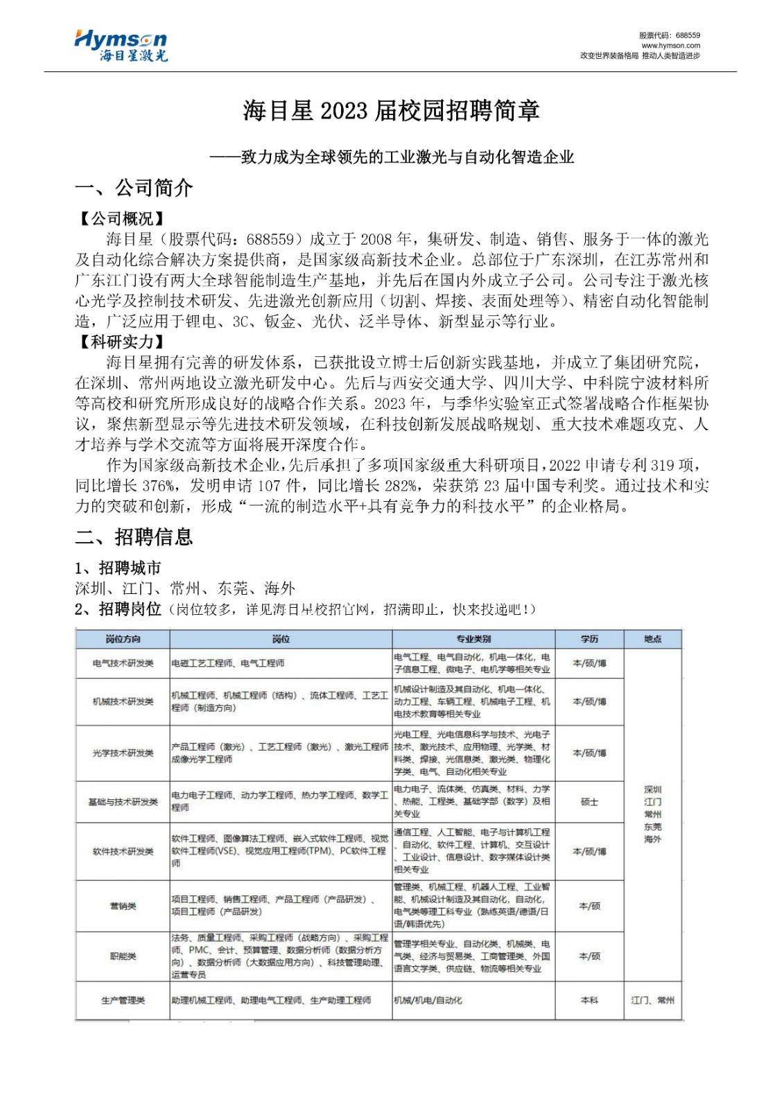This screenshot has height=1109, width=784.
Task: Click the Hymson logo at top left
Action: (x=121, y=46)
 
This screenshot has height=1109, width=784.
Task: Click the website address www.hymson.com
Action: (x=670, y=46)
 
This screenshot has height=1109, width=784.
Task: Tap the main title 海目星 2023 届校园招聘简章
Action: (x=392, y=111)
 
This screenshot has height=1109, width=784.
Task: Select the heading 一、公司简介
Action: (x=134, y=188)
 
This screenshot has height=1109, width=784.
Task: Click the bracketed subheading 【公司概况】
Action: (x=121, y=219)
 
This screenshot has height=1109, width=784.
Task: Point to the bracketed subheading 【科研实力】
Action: (x=121, y=342)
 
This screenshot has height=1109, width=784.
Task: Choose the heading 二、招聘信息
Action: (x=134, y=537)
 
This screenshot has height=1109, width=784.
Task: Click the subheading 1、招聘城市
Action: (x=118, y=568)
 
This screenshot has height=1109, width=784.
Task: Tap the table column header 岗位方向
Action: (x=123, y=639)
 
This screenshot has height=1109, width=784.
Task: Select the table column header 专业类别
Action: (x=473, y=639)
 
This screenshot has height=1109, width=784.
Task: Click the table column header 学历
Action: (x=589, y=639)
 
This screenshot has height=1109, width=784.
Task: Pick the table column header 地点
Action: (x=652, y=639)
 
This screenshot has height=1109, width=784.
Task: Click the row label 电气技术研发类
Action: (x=123, y=663)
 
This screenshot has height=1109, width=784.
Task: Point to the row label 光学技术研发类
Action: (x=123, y=753)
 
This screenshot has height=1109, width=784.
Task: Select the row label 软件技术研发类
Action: (x=123, y=852)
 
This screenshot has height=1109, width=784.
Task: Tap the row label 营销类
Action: (x=123, y=906)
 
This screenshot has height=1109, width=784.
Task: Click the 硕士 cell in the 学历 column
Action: (x=589, y=802)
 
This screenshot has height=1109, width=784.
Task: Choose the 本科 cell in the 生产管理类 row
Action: (x=589, y=1000)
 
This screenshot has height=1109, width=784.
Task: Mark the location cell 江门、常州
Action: (x=652, y=1000)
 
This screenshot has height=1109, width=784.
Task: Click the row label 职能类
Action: (x=123, y=957)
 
